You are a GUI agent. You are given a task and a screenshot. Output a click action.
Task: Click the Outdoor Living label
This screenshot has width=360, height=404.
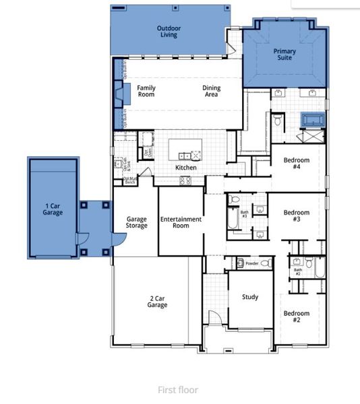[169, 32]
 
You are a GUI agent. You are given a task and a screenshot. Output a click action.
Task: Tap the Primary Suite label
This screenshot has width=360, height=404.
[284, 55]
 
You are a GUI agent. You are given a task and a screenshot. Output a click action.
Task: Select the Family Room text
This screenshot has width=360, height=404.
[146, 91]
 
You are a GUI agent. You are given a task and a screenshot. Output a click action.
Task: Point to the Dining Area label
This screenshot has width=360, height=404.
[211, 91]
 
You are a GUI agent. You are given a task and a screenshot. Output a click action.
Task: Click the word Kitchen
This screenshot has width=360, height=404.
[186, 167]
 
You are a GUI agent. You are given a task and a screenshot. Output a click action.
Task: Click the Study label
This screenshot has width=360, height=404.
[249, 297]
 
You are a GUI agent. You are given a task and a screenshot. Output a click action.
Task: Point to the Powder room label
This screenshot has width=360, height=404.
[252, 263]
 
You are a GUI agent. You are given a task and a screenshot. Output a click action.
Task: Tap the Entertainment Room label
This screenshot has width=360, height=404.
[181, 223]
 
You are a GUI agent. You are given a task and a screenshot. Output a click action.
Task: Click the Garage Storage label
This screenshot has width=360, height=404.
[137, 223]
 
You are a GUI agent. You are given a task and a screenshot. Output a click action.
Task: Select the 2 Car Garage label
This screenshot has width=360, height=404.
[157, 302]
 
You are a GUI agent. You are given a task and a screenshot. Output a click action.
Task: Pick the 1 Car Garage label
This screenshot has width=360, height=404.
[53, 209]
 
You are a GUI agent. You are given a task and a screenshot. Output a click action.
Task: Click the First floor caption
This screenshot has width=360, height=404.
[178, 390]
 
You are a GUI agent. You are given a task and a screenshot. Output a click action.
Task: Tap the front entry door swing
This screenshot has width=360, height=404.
[214, 321]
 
